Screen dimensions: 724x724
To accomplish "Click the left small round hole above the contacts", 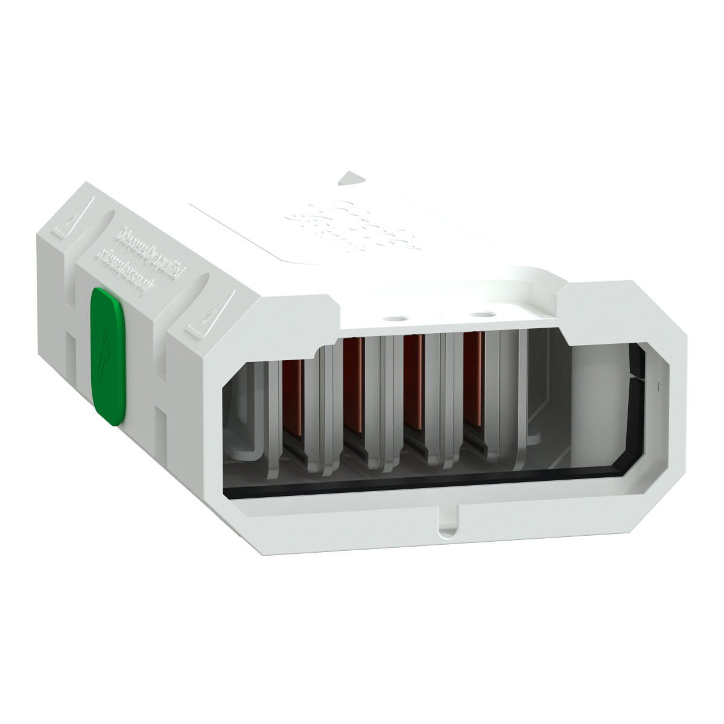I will pos(396,315).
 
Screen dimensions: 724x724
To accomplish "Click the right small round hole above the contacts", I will pos(482,314).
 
